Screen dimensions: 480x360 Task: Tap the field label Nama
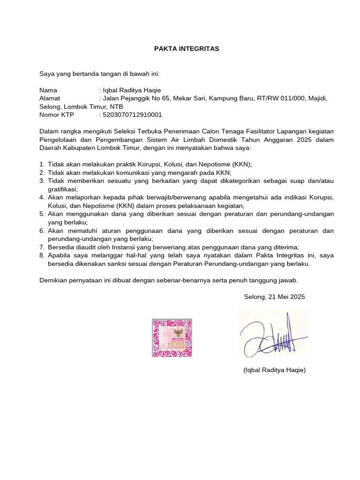48,90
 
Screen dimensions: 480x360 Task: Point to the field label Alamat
50,98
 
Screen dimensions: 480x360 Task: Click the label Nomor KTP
57,115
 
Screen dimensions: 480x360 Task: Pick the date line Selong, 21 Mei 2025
274,297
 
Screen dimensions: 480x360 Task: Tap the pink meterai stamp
172,337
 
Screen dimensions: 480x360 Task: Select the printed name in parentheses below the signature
274,370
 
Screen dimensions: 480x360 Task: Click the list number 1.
42,165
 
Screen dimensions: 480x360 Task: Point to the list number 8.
42,255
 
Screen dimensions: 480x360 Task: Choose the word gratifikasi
62,189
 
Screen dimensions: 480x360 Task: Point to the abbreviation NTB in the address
116,107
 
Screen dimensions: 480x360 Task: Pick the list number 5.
42,214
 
